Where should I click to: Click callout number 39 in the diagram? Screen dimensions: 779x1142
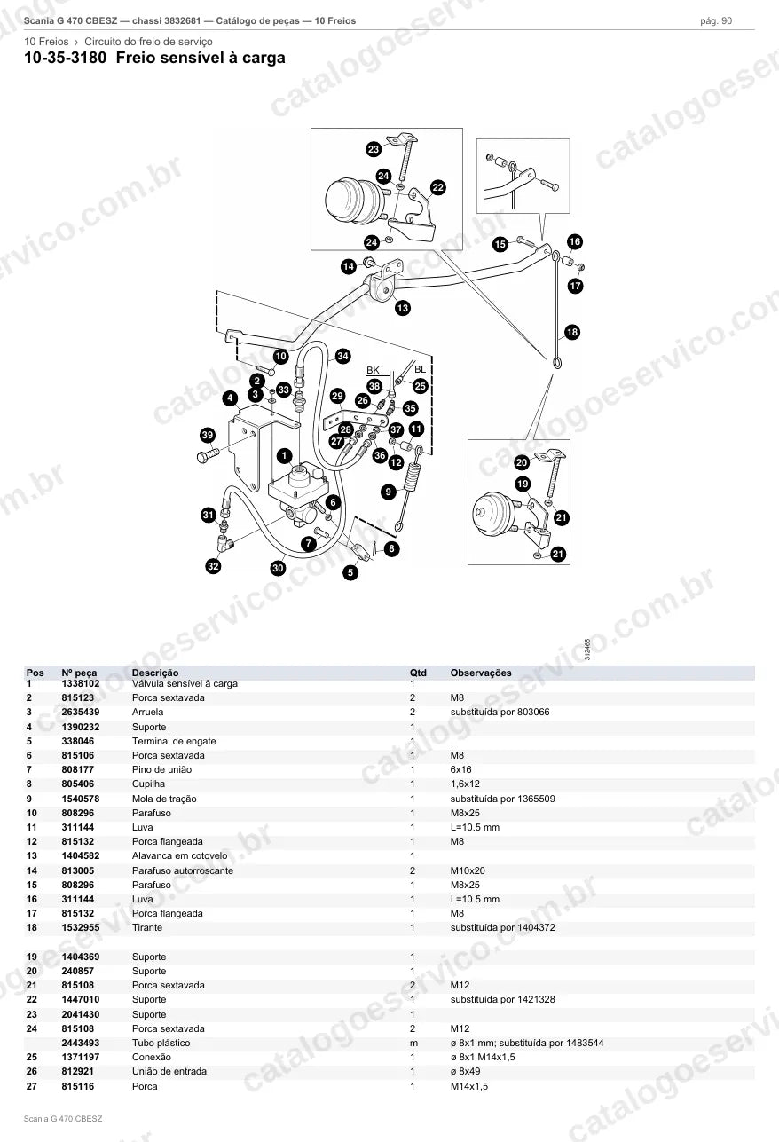[207, 435]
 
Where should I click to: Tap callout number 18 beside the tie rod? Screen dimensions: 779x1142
[572, 333]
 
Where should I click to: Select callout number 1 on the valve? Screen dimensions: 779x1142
[284, 456]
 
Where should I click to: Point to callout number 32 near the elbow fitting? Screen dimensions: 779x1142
[213, 566]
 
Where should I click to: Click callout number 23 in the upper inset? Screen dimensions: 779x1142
[374, 149]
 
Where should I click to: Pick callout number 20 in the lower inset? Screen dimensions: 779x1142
[522, 462]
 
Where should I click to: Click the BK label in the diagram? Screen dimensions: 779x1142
[373, 370]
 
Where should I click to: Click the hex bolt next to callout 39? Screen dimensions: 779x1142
[208, 455]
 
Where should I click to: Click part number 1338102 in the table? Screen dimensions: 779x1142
[81, 683]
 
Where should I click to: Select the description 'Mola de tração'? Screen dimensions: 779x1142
[164, 799]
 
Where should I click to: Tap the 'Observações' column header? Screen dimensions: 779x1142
[481, 673]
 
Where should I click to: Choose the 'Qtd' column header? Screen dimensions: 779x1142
[418, 673]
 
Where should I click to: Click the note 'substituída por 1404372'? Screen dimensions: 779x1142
[503, 927]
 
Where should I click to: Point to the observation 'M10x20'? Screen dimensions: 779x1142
[468, 870]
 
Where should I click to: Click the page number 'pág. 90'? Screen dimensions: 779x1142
[716, 21]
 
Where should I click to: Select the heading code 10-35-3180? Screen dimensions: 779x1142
[66, 58]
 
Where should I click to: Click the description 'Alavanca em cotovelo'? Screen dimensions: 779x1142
[179, 855]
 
